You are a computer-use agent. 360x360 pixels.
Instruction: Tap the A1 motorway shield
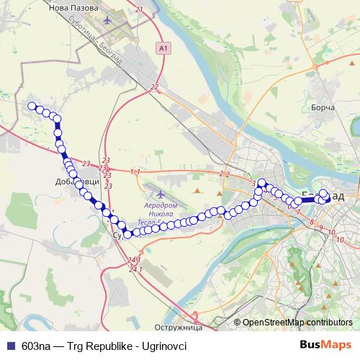(x=163, y=48)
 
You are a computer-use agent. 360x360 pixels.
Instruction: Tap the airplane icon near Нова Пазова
(x=107, y=19)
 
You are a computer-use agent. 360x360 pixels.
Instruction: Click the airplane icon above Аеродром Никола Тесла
(x=158, y=193)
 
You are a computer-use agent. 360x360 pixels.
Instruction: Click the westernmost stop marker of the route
(x=32, y=107)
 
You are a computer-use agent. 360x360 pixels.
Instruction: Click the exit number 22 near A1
(x=155, y=87)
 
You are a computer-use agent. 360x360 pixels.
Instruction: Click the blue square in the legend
(x=10, y=345)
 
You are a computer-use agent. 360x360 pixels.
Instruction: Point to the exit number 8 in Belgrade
(x=310, y=224)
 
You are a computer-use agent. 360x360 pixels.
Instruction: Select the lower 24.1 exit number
(x=134, y=270)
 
